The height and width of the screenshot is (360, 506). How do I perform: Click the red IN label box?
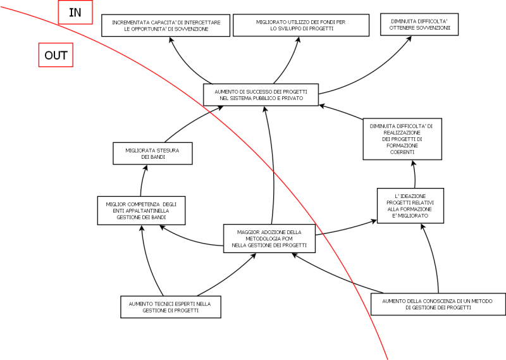tap(75, 12)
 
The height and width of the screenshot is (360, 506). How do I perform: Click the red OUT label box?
tap(56, 56)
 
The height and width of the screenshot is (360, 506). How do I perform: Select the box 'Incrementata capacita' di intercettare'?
tap(166, 25)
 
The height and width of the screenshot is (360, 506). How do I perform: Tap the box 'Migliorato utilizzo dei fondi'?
tap(300, 25)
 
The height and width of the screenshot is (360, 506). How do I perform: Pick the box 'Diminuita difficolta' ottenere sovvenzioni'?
tap(419, 25)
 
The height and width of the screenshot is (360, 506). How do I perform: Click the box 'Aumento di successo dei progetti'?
tap(261, 95)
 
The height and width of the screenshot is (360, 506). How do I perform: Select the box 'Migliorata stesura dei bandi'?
tap(152, 153)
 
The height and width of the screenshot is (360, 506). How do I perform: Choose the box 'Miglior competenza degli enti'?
tap(141, 210)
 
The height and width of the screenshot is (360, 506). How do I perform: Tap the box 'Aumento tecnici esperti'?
tap(170, 307)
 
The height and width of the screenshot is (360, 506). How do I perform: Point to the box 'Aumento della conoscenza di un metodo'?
tap(438, 304)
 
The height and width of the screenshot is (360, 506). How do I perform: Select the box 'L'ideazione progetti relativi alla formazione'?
tap(410, 205)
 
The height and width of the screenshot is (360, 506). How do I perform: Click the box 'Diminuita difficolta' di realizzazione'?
tap(402, 139)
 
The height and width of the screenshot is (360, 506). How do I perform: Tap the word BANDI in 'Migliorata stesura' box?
tap(157, 156)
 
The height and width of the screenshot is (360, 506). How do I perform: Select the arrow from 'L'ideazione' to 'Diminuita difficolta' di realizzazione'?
tap(414, 174)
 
